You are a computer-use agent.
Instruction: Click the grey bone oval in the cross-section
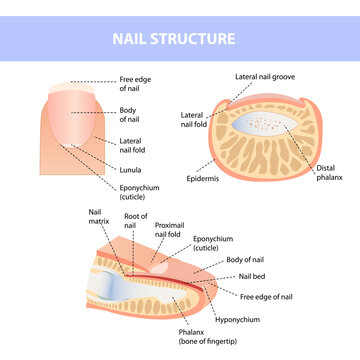pos(267,130)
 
